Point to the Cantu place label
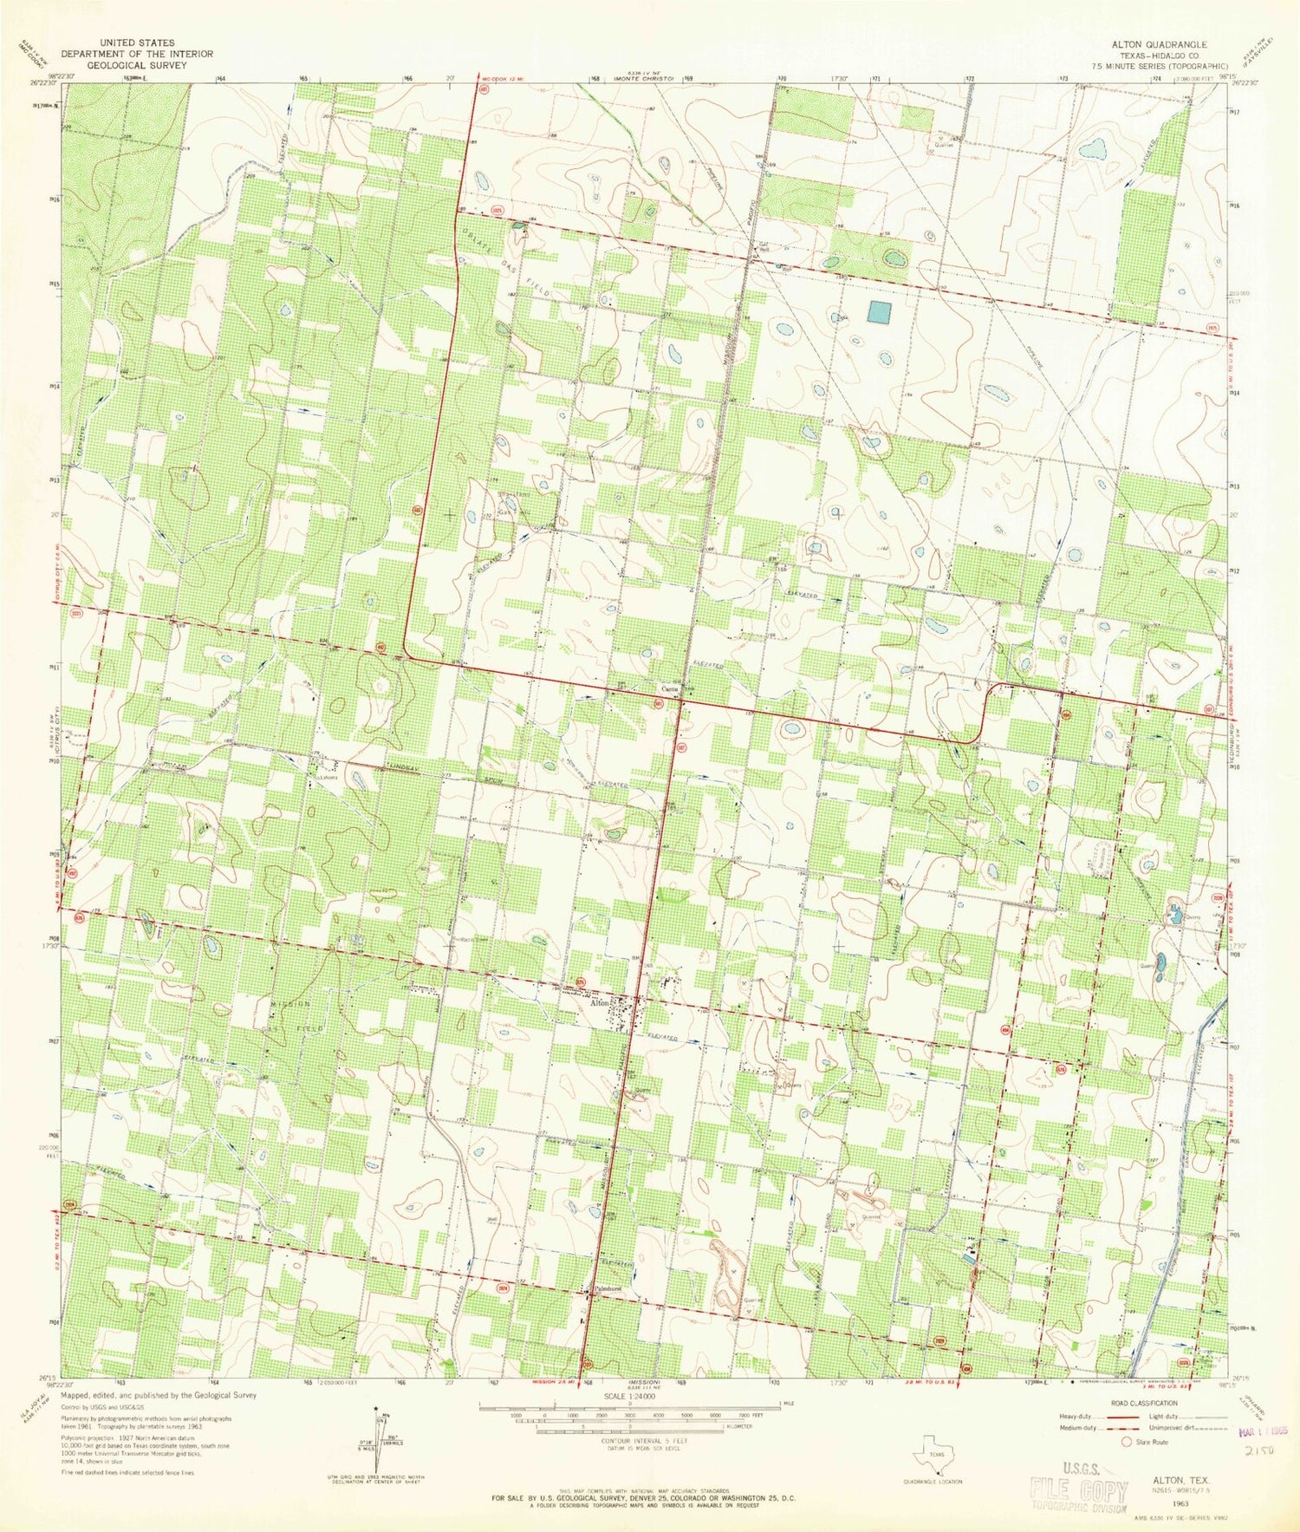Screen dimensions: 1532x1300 [670, 689]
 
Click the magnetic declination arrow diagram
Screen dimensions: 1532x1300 [374, 1439]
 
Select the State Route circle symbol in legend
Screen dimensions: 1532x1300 [1128, 1442]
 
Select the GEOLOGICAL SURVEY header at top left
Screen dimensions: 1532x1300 [137, 64]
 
